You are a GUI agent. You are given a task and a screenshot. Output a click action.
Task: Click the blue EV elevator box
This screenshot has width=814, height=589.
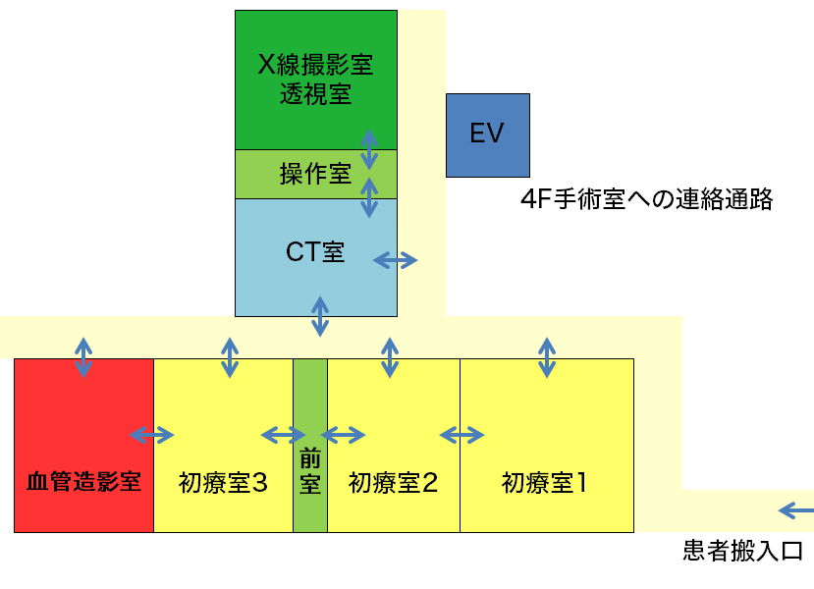487,135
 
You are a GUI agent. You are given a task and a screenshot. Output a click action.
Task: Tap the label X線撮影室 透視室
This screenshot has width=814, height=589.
315,80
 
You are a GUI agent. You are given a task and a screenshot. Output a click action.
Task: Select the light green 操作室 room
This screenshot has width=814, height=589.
315,175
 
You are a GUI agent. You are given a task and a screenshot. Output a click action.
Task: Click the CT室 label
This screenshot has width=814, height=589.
315,252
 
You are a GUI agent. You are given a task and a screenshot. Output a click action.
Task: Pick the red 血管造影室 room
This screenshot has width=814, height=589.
83,482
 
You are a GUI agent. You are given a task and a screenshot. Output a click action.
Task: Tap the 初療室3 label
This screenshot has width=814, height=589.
224,482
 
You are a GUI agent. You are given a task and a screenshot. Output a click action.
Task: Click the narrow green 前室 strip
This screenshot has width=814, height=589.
310,471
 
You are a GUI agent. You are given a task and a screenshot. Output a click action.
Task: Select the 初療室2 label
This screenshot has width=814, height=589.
393,482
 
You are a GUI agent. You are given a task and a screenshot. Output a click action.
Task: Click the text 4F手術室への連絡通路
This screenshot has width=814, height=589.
647,200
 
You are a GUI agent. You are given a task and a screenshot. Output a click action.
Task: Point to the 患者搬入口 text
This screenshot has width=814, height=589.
743,551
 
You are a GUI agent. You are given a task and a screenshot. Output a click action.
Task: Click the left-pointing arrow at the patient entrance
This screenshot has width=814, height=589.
795,509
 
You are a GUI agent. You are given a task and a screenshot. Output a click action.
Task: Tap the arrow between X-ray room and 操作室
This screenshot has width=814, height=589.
369,149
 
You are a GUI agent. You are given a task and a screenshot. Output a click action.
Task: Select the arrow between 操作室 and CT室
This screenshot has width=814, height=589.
369,197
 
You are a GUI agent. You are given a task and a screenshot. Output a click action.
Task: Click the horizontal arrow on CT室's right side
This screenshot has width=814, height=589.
396,260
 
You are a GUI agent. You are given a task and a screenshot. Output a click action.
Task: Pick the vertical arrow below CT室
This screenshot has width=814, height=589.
320,316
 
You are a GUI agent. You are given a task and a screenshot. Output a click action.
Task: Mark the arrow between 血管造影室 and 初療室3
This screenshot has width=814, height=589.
152,434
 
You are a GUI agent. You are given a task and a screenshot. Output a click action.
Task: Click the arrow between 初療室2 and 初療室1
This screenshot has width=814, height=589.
461,434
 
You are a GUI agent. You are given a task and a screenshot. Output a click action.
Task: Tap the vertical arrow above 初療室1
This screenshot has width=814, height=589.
547,357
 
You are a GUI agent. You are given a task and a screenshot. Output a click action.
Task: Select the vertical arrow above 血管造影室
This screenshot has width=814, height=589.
83,357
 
